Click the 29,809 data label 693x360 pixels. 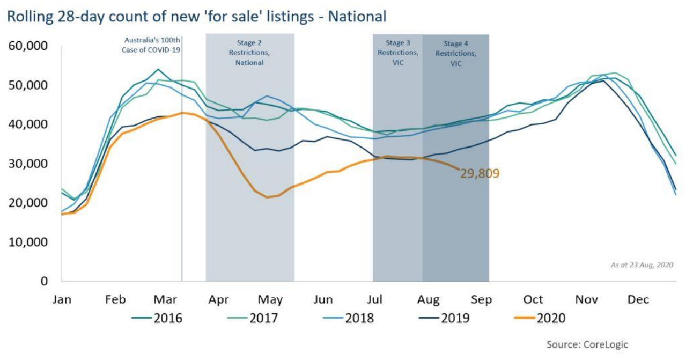tap(480, 173)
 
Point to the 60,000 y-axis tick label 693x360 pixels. tap(29, 46)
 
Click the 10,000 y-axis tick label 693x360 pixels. tap(29, 242)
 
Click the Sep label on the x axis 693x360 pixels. tap(481, 299)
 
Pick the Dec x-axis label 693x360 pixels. tap(638, 299)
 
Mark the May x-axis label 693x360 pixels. tap(270, 299)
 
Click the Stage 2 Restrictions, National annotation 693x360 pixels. tap(249, 53)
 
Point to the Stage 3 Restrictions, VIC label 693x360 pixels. tap(397, 53)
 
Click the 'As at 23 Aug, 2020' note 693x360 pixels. tap(642, 265)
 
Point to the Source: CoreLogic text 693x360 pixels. tap(587, 344)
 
